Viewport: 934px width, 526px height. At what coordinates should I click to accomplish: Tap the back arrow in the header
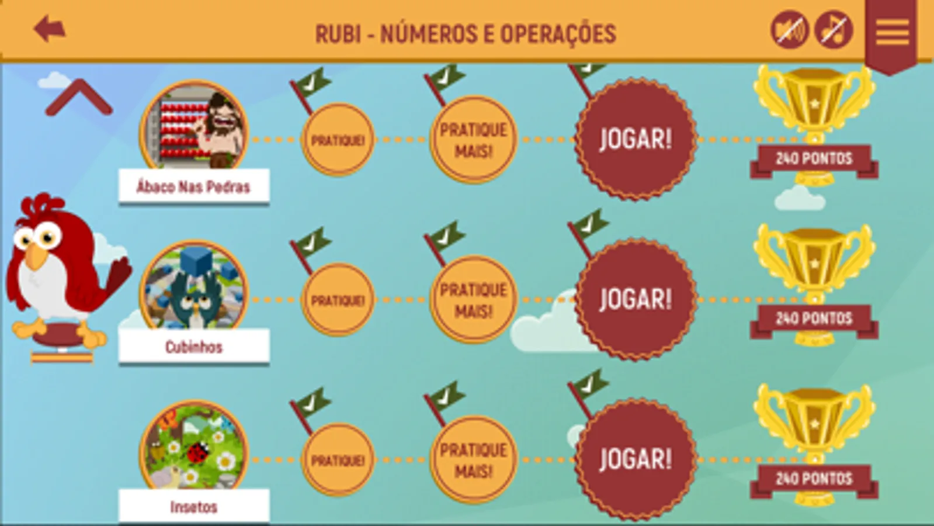(49, 29)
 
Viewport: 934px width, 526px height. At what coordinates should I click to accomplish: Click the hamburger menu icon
(892, 32)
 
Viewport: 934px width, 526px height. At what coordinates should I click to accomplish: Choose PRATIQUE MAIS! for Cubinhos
(473, 300)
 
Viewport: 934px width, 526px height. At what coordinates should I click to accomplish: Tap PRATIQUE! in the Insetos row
(338, 460)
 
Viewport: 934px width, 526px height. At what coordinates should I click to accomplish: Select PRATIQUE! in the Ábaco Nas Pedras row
(338, 140)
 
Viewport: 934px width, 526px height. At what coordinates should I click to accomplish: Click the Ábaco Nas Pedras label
(193, 187)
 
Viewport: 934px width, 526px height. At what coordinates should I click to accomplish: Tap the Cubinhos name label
(193, 347)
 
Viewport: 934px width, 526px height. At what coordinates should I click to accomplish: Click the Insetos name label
(193, 506)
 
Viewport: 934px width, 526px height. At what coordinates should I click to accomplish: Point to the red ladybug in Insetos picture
(199, 451)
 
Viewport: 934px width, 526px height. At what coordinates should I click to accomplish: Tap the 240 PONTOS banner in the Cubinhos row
(814, 319)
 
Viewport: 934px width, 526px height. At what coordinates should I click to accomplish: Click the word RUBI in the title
(338, 34)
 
